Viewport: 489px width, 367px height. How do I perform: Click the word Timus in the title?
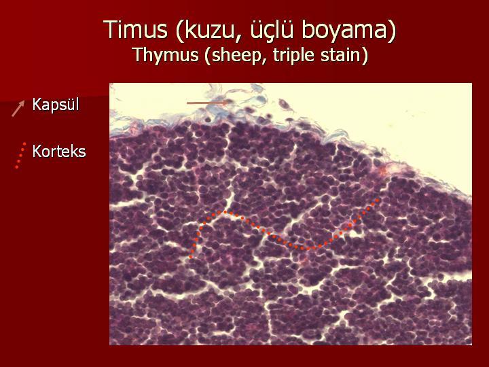click(x=136, y=29)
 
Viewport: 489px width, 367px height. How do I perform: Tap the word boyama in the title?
click(x=344, y=31)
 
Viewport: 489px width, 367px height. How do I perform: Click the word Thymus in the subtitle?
click(x=166, y=55)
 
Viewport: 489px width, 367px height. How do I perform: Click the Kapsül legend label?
click(x=56, y=105)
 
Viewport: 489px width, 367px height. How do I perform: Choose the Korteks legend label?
click(x=59, y=152)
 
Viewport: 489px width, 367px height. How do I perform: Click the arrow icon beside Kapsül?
click(x=18, y=108)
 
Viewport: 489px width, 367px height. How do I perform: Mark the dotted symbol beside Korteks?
click(x=20, y=156)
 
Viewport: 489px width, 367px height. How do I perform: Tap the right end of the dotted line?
click(x=378, y=200)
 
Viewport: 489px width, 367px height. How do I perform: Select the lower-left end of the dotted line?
click(x=191, y=257)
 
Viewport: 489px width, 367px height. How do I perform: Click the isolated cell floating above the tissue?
click(x=285, y=105)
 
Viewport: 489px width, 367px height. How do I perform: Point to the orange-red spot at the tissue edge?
click(x=383, y=171)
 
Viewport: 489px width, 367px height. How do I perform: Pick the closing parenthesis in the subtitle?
click(x=365, y=56)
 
